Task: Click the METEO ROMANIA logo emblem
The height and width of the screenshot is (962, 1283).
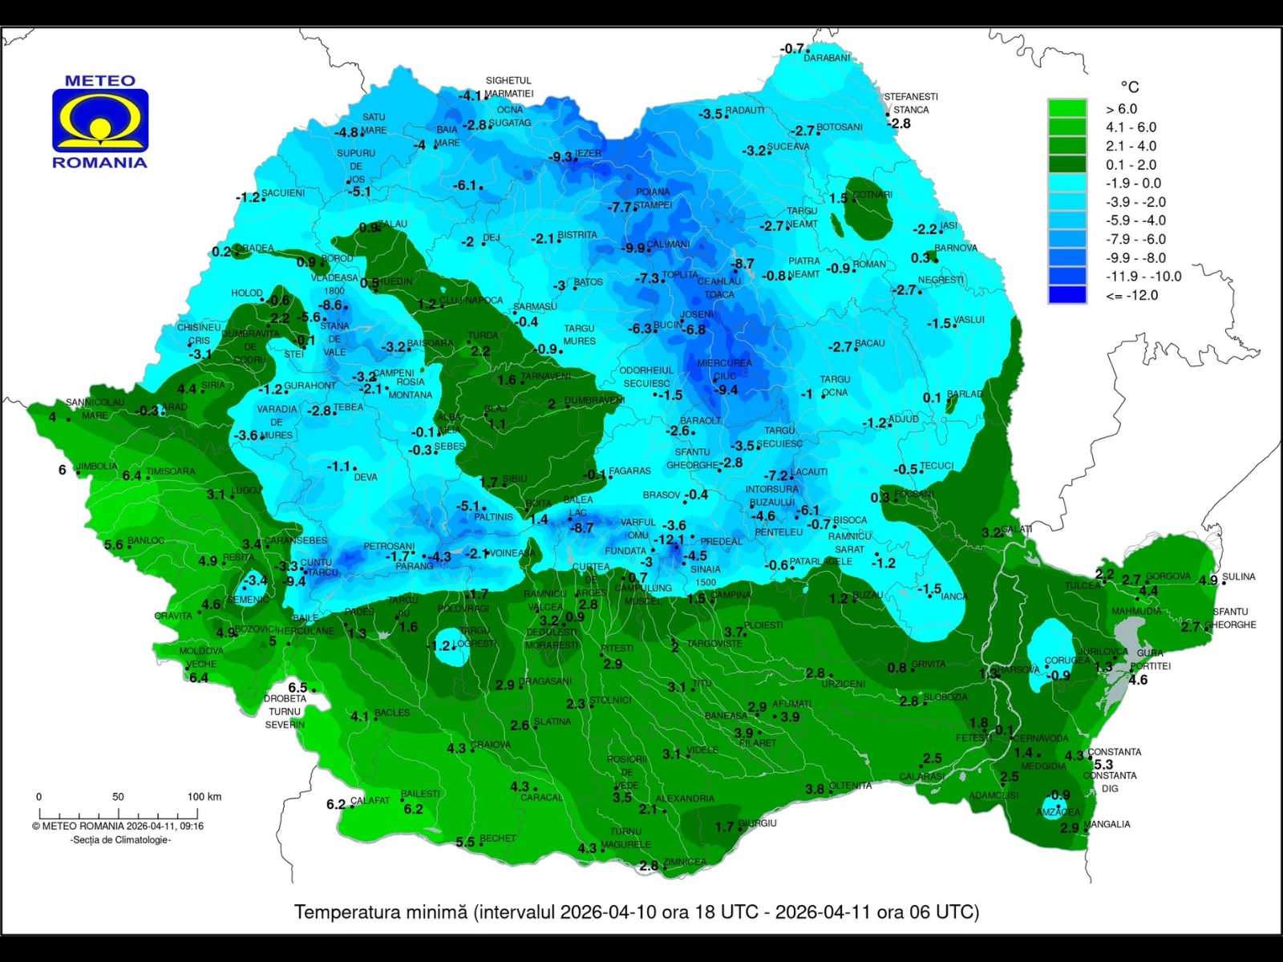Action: click(x=100, y=120)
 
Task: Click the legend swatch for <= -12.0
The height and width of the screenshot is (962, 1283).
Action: click(x=1066, y=295)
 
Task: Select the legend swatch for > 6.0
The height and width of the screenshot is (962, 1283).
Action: click(x=1066, y=109)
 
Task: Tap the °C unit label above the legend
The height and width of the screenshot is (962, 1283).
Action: click(x=1129, y=87)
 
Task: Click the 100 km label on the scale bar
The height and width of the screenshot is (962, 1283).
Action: click(x=204, y=797)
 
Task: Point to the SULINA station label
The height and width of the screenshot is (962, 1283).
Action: click(x=1238, y=577)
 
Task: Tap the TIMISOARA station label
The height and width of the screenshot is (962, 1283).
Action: click(x=170, y=471)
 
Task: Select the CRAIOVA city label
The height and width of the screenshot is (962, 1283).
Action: click(x=490, y=745)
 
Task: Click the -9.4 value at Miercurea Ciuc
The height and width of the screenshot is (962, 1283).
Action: click(x=726, y=390)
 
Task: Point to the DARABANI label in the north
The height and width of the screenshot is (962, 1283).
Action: click(x=826, y=59)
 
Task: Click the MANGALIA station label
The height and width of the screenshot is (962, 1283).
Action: click(x=1107, y=824)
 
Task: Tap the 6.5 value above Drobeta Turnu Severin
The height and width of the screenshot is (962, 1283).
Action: click(x=297, y=688)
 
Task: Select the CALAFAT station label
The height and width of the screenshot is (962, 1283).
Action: click(x=370, y=801)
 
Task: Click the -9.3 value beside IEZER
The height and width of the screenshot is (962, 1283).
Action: click(x=560, y=157)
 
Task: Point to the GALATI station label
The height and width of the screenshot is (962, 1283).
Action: click(x=1016, y=529)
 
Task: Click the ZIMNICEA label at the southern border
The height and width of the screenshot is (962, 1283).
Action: click(x=684, y=863)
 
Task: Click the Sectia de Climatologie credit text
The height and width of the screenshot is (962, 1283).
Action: click(x=120, y=840)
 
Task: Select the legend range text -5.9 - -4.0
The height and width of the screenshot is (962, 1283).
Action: click(x=1135, y=220)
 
